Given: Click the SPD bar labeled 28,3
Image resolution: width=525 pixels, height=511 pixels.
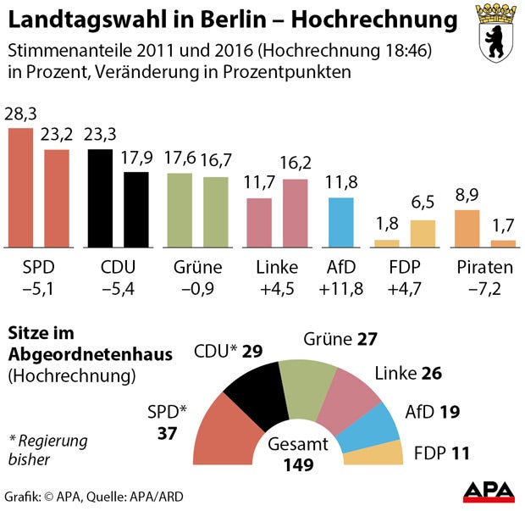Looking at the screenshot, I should pos(20,186).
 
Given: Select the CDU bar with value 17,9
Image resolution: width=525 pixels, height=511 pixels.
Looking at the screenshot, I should pos(136,208).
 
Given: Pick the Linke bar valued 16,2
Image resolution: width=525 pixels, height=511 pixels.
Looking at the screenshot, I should pos(296,212).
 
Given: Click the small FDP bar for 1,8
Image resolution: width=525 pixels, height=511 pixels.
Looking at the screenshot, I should pos(386,242).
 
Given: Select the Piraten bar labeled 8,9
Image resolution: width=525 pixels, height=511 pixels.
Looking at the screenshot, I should pos(467,227).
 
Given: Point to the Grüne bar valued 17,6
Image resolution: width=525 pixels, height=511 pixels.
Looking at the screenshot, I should pos(180,209).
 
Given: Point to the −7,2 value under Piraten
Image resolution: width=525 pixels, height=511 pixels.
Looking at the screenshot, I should pos(484,289).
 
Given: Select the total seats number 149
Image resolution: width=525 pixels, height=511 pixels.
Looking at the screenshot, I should pos(298,464).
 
